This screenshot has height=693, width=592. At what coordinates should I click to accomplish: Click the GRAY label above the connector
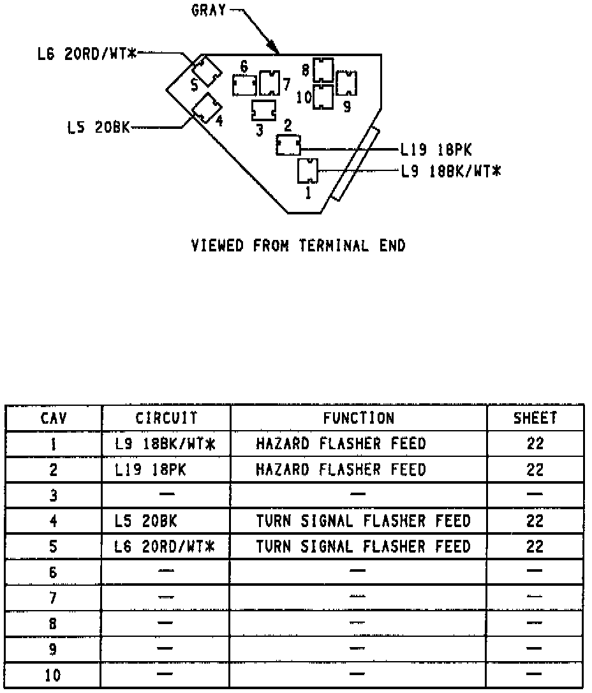[x=209, y=11]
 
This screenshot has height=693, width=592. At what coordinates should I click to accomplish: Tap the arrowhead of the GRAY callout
[x=275, y=48]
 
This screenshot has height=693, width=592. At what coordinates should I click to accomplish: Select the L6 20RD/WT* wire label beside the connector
[x=87, y=54]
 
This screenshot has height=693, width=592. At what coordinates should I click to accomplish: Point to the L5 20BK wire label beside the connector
[x=98, y=126]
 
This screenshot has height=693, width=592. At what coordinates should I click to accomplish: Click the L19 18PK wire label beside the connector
[x=436, y=150]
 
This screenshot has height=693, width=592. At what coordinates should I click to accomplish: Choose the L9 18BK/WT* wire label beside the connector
[x=450, y=171]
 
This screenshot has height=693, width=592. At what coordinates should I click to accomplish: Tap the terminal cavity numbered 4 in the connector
[x=206, y=107]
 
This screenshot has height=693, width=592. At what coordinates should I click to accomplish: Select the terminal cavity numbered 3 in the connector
[x=263, y=110]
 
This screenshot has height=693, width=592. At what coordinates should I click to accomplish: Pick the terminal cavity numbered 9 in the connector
[x=346, y=83]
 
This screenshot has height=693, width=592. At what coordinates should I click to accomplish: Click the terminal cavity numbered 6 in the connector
[x=244, y=85]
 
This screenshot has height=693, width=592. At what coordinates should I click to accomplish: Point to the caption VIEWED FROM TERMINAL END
[x=298, y=246]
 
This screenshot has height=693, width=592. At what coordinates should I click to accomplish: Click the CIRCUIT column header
[x=166, y=418]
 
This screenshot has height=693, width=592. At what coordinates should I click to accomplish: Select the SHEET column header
[x=535, y=418]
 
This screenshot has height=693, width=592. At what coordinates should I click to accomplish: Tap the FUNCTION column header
[x=359, y=418]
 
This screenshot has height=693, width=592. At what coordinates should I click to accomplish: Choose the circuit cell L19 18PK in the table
[x=151, y=470]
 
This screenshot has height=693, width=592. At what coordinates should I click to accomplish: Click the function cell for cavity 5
[x=363, y=546]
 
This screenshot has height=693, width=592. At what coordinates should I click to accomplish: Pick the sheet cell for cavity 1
[x=535, y=443]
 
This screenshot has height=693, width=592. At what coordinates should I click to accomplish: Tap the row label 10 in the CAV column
[x=53, y=676]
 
